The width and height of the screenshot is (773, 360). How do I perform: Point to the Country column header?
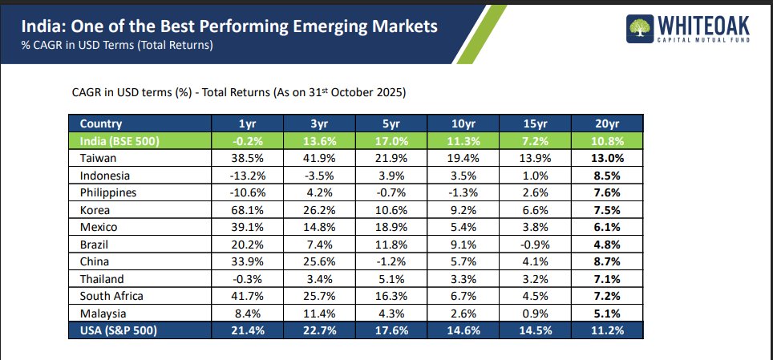(x=101, y=124)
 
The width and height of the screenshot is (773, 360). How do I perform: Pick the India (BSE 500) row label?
(x=120, y=141)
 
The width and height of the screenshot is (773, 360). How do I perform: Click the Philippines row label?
(x=108, y=192)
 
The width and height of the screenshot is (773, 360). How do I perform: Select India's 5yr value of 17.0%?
(x=391, y=141)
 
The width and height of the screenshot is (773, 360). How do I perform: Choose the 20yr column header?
(x=607, y=124)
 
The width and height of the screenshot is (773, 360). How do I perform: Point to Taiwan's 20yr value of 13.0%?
(x=607, y=159)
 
